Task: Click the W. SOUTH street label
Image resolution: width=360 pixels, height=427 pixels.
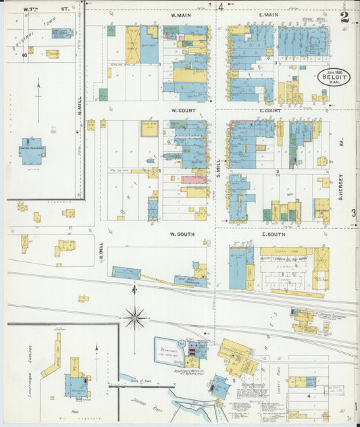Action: [182, 234]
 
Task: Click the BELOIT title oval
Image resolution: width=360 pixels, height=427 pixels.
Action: [334, 78]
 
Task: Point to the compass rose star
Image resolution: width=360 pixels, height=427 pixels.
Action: [135, 316]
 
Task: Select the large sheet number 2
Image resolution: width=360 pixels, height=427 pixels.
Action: [345, 18]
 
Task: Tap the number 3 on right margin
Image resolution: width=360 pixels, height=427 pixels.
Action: [354, 214]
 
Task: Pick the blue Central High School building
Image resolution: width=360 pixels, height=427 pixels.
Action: [32, 151]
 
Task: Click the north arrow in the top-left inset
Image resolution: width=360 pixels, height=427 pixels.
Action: [38, 98]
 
